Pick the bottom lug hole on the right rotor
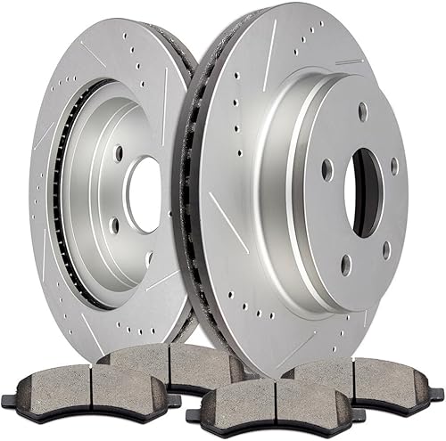(346, 264)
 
